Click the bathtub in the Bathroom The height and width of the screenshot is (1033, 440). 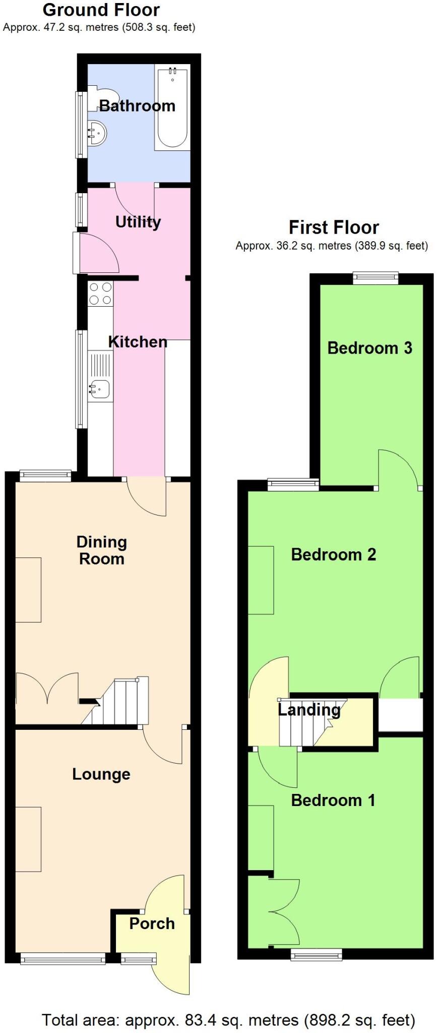click(x=172, y=108)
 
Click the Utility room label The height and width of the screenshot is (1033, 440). click(x=138, y=221)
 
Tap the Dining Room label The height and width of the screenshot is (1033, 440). click(x=101, y=550)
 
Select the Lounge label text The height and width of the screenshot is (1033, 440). click(x=101, y=774)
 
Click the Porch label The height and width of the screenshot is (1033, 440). click(x=152, y=923)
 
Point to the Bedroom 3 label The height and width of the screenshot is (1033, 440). click(x=369, y=348)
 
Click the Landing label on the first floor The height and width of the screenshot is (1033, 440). click(x=309, y=710)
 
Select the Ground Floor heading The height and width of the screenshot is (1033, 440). click(x=101, y=10)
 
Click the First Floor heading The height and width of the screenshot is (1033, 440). click(x=333, y=227)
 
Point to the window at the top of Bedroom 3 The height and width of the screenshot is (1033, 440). click(x=375, y=277)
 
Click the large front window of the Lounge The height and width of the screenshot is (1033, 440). click(x=63, y=958)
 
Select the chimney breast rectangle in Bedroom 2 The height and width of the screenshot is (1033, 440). click(x=261, y=580)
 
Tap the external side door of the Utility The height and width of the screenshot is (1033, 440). click(x=76, y=253)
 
